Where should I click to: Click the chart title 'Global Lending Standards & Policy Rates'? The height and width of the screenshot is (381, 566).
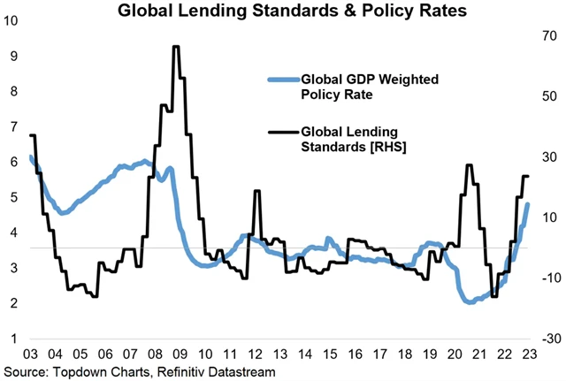(x=281, y=11)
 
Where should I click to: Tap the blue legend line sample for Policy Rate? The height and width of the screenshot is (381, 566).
(x=283, y=80)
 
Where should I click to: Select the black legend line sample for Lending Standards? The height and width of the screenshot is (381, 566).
(x=283, y=133)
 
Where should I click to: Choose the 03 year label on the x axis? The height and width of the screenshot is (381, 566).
(x=31, y=354)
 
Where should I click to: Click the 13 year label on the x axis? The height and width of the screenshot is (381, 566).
(x=280, y=354)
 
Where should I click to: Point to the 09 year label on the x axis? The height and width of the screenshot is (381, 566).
(x=180, y=354)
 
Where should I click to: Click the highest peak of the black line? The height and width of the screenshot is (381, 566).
(x=176, y=47)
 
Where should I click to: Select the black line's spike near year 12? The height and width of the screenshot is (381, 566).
(x=256, y=191)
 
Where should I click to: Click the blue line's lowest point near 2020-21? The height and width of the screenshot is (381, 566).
(x=469, y=302)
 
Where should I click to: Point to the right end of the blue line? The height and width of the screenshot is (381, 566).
(x=528, y=204)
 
